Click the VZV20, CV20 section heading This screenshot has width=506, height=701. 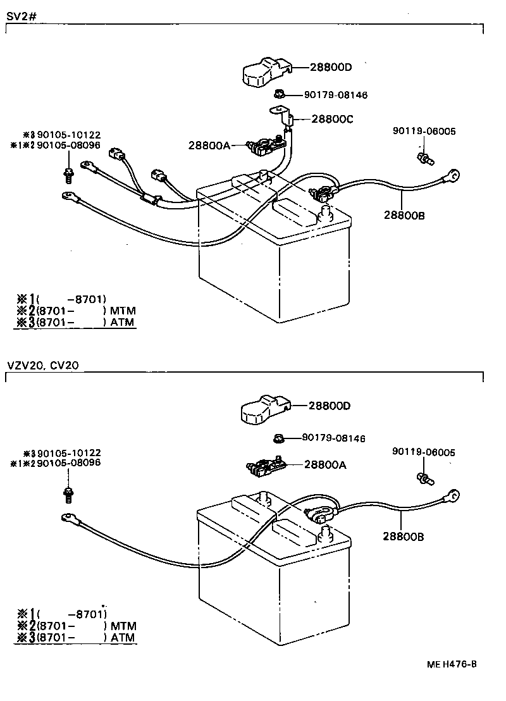pos(43,365)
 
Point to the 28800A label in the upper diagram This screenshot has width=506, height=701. pos(209,145)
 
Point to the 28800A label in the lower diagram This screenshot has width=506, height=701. pos(325,464)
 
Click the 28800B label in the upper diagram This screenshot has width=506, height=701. pos(404,215)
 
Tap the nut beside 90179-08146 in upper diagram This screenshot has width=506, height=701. pos(279,94)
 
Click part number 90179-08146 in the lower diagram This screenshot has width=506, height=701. pos(333,438)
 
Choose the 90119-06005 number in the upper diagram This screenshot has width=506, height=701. pos(423,131)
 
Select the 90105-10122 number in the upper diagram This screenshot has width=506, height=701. pos(69,134)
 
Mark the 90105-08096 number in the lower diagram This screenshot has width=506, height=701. pos(69,462)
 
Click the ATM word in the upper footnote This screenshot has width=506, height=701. pos(123,322)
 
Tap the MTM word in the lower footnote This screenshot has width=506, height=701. pos(123,626)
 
